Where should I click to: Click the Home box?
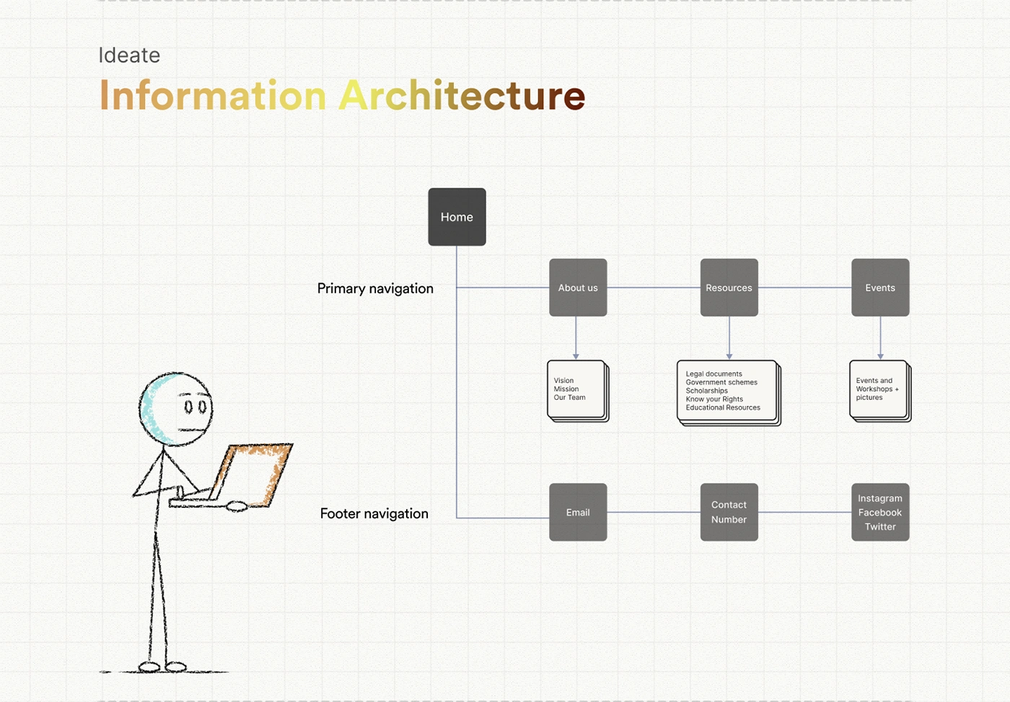click(x=457, y=216)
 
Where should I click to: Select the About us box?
click(x=578, y=287)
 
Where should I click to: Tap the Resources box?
click(x=729, y=287)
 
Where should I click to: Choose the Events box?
click(x=880, y=287)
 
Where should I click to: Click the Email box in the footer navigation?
click(x=578, y=512)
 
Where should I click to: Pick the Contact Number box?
click(x=729, y=512)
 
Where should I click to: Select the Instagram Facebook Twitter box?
click(x=880, y=512)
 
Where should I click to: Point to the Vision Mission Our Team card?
click(x=576, y=390)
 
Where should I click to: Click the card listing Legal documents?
click(x=727, y=391)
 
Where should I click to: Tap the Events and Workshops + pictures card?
click(x=879, y=390)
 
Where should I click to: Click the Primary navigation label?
click(x=375, y=289)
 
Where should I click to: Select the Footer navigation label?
click(x=374, y=514)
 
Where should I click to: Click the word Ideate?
click(x=129, y=56)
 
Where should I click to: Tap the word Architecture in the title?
click(x=462, y=96)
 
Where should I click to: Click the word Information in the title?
click(x=213, y=96)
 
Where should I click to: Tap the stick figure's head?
click(x=176, y=409)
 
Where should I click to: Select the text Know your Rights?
click(x=714, y=399)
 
